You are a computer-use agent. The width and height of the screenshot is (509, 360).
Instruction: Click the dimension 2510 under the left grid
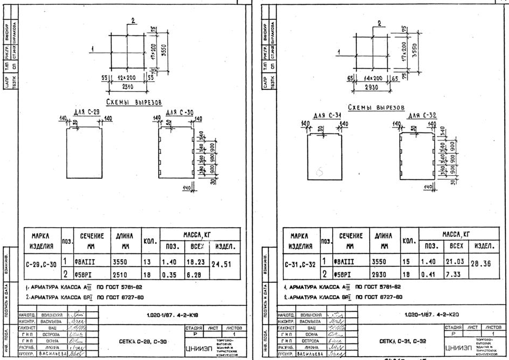pos(127,86)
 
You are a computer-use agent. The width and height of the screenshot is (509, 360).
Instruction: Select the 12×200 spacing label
pos(126,78)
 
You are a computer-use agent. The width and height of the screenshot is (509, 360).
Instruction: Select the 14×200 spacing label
pos(377,78)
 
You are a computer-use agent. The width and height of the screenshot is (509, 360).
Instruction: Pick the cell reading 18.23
pos(194,262)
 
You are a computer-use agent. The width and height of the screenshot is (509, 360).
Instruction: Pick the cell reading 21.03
pos(453,261)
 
